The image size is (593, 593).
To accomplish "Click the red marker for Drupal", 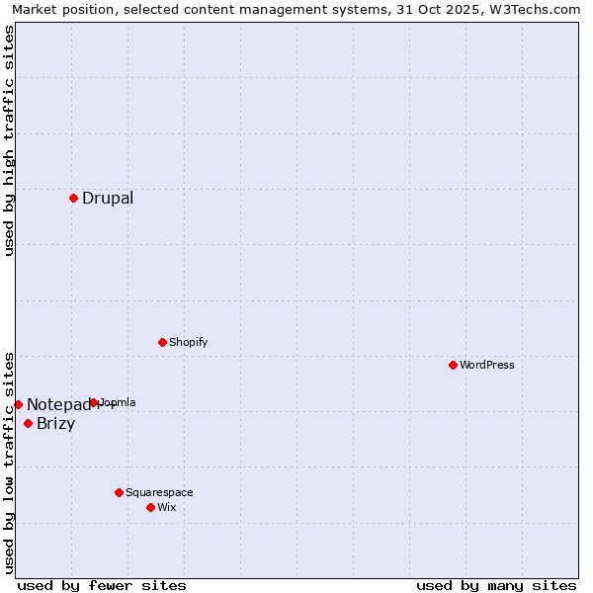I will [73, 198].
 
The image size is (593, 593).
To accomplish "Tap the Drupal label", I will [108, 198].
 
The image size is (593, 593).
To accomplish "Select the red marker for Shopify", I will [162, 342].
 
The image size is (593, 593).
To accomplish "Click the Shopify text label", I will [188, 342].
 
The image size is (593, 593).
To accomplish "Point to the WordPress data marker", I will [453, 365].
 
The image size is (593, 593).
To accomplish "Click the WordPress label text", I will [487, 365].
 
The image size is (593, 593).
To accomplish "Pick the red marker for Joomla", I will [94, 402].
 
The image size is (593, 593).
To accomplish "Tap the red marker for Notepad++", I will [18, 404].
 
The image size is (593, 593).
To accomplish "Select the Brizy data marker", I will [28, 423].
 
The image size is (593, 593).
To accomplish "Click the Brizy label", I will [55, 424].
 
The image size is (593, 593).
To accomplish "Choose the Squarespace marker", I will [119, 492].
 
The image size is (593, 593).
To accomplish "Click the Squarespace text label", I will [159, 492].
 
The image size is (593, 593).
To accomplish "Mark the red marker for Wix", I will [150, 507].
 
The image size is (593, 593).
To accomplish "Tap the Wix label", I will [166, 507].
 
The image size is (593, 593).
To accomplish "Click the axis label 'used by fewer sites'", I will [102, 585].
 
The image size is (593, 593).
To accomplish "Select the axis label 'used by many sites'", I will [496, 585].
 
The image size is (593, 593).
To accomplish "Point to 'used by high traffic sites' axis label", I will [9, 140].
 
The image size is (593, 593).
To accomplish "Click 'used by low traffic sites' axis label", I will [9, 462].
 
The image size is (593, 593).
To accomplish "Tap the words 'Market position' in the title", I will [58, 9].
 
